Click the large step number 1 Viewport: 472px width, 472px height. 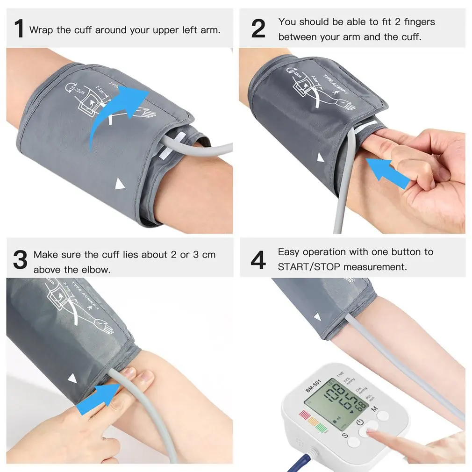(x=18, y=29)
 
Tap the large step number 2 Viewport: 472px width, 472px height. (x=258, y=29)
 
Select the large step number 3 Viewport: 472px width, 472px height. (x=20, y=260)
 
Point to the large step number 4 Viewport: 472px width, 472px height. (x=258, y=260)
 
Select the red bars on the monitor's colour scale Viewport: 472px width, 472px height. (x=305, y=415)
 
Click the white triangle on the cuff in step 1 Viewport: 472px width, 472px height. (x=121, y=185)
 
